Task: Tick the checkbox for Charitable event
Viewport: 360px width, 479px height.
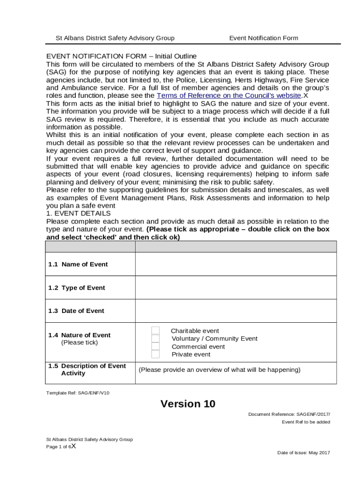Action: coord(156,331)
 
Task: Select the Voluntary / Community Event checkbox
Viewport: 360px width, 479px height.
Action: coord(156,339)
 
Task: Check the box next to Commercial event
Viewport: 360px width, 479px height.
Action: coord(156,347)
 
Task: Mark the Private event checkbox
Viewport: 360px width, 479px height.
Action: coord(156,354)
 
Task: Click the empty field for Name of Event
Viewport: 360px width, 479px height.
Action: coord(236,264)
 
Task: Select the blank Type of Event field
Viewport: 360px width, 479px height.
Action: coord(236,288)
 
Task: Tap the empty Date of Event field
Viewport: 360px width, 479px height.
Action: coord(236,311)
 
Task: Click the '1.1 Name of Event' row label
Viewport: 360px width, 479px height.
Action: coord(78,264)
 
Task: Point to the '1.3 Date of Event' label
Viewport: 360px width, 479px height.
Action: coord(76,311)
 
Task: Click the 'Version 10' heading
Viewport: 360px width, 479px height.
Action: coord(188,404)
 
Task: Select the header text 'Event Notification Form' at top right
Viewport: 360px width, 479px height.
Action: coord(263,38)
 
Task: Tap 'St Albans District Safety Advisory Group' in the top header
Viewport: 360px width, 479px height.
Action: coord(115,38)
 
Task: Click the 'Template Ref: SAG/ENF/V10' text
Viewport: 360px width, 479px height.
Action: coord(78,392)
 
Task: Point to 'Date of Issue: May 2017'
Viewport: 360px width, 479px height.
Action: coord(303,453)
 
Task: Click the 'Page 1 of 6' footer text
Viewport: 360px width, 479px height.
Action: coord(58,447)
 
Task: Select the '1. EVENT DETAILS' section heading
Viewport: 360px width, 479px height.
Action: coord(78,213)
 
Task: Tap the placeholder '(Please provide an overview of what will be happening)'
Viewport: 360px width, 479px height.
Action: coord(219,370)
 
